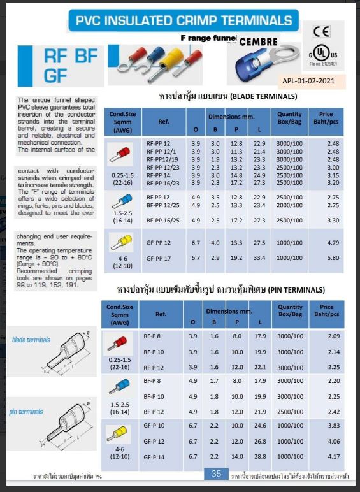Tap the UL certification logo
pyautogui.click(x=323, y=53)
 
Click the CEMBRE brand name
pyautogui.click(x=258, y=41)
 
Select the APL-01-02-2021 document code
pyautogui.click(x=313, y=81)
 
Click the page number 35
pyautogui.click(x=217, y=474)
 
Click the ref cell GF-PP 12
pyautogui.click(x=158, y=243)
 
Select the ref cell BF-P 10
pyautogui.click(x=154, y=396)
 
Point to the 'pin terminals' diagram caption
pyautogui.click(x=26, y=412)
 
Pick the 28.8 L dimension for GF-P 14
pyautogui.click(x=259, y=456)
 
